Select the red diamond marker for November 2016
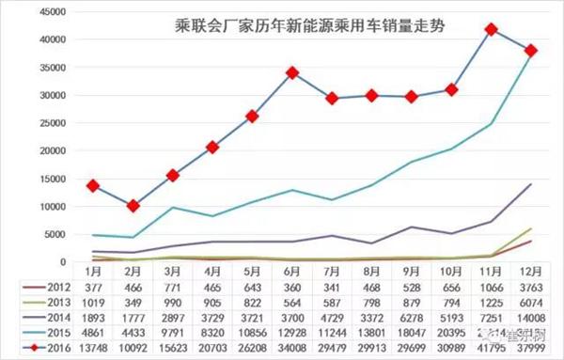tap(491, 30)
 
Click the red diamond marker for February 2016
tap(133, 205)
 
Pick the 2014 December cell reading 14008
tap(530, 316)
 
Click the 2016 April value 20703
tap(212, 348)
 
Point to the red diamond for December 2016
tap(530, 51)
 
